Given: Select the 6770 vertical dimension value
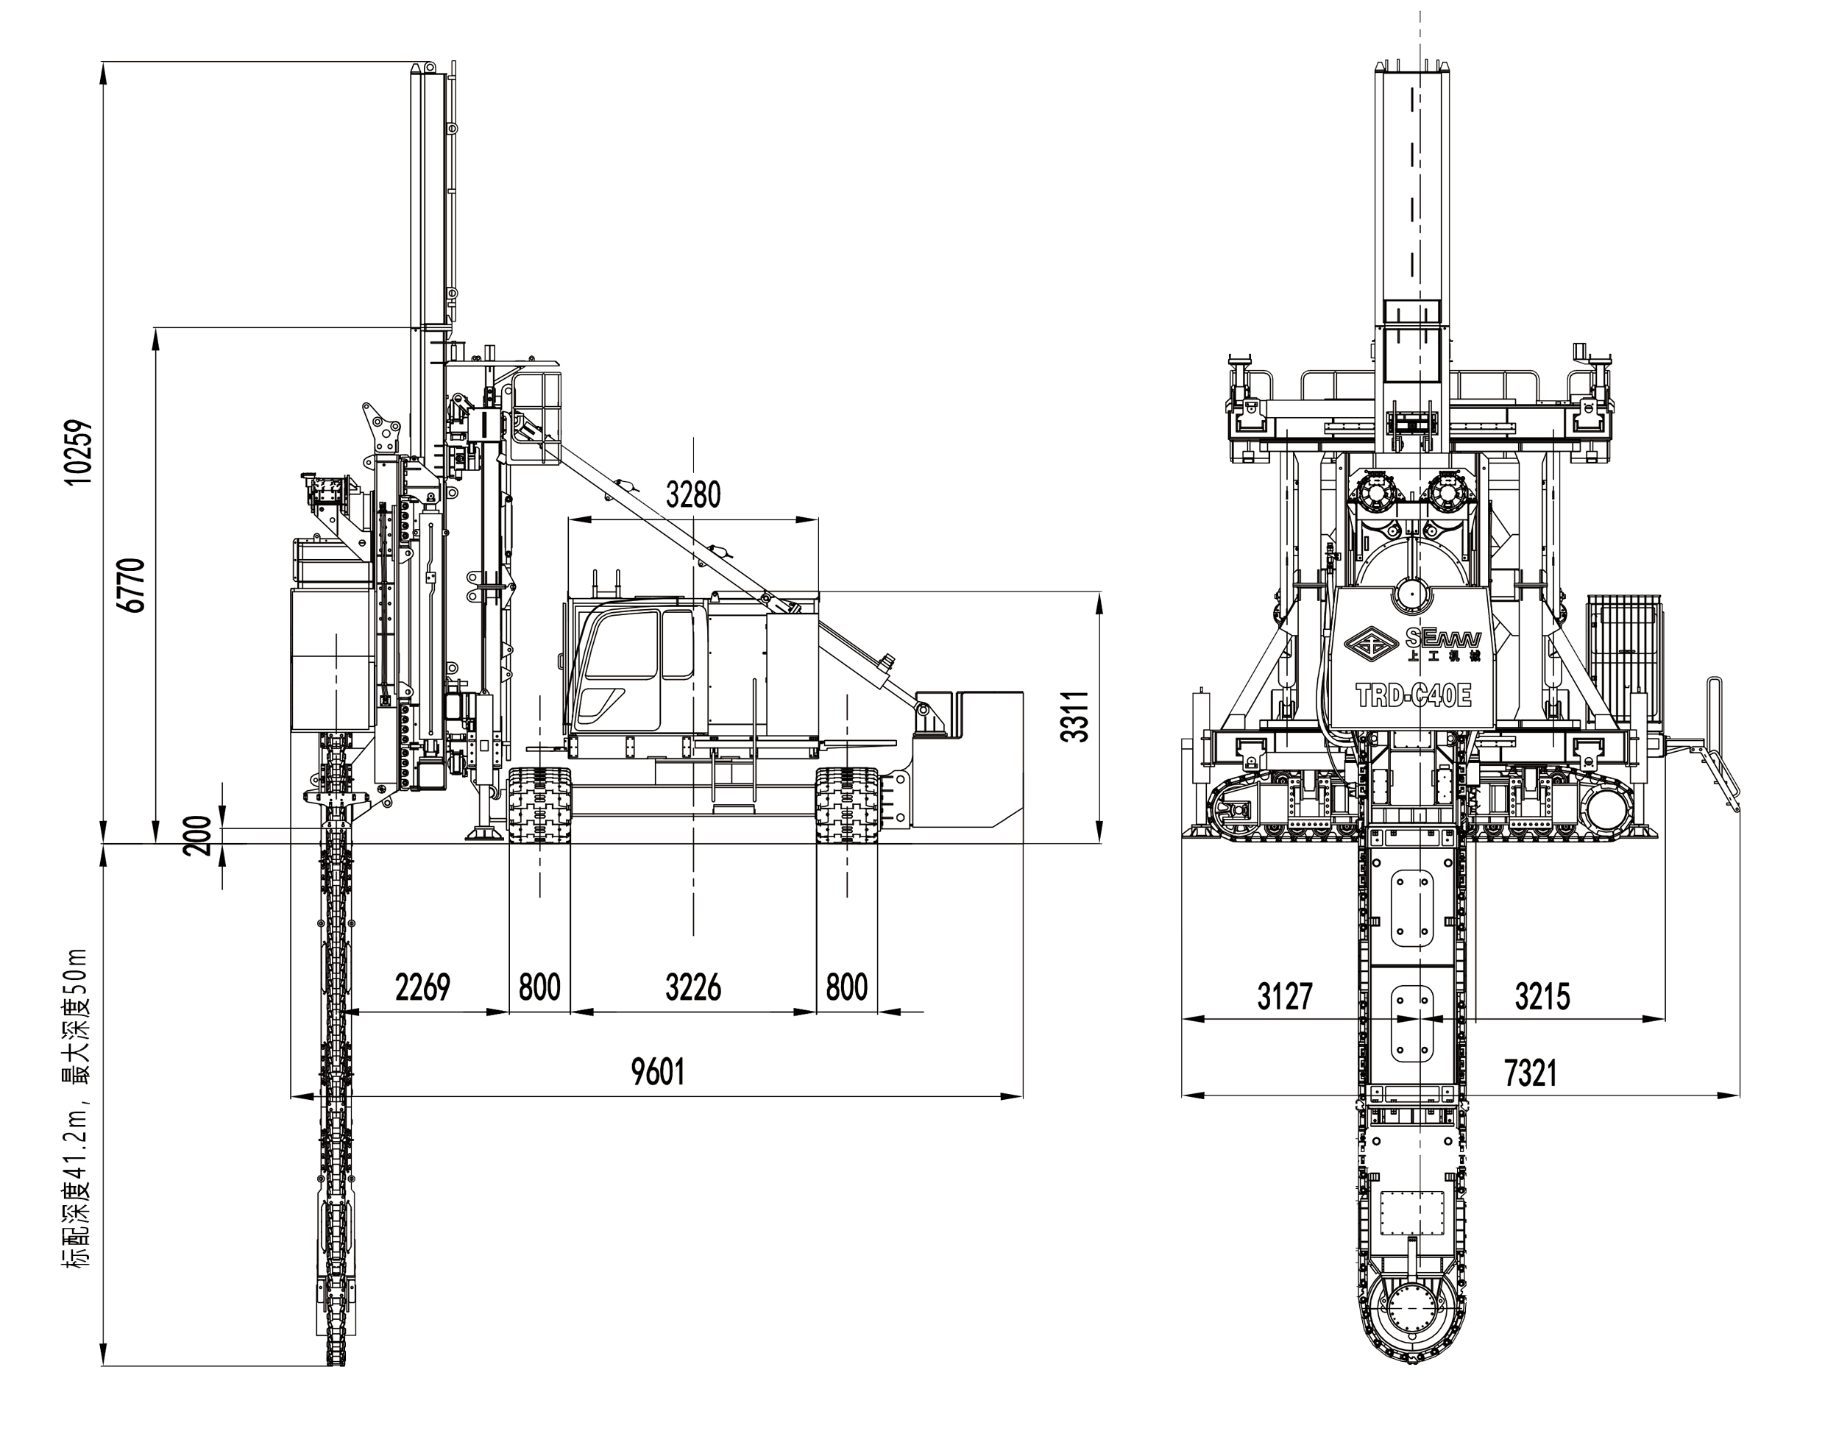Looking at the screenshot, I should click(x=133, y=584).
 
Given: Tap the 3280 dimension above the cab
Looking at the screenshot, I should click(x=693, y=494).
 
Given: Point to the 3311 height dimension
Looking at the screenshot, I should click(x=1075, y=716).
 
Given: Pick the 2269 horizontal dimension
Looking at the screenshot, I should click(x=422, y=986).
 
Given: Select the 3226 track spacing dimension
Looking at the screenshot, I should click(x=693, y=986).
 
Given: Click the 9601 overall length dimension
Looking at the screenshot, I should click(x=658, y=1071).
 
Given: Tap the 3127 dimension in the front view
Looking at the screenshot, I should click(x=1285, y=996).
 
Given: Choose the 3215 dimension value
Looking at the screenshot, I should click(x=1542, y=996).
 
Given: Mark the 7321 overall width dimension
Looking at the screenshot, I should click(x=1530, y=1073).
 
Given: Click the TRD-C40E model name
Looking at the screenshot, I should click(x=1414, y=696).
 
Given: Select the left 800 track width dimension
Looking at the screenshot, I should click(x=539, y=986).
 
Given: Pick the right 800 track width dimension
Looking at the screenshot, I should click(x=846, y=986).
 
